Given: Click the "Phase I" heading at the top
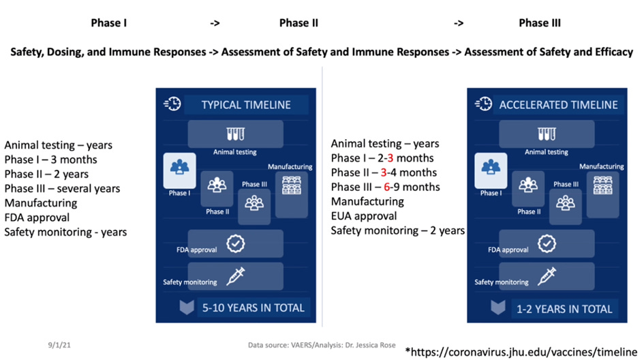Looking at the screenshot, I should [x=109, y=23].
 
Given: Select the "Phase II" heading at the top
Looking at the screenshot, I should [x=298, y=23].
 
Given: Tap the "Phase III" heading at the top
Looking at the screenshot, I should [x=539, y=23].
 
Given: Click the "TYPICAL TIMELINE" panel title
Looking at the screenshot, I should [x=245, y=105].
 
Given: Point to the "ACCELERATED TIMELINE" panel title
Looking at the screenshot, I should [x=558, y=105].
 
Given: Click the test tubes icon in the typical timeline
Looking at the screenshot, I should [x=235, y=134].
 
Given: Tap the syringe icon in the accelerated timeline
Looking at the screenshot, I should [x=547, y=275].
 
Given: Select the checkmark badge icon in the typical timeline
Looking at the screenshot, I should [x=235, y=243].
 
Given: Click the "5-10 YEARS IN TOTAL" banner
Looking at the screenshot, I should [x=253, y=308].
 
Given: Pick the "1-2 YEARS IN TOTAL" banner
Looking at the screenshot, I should [x=564, y=309].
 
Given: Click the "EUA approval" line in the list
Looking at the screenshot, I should [x=364, y=216].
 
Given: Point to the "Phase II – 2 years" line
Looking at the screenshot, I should [x=46, y=174].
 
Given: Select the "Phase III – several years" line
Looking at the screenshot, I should [x=62, y=188].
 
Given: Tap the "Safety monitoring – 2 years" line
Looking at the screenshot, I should [x=397, y=230].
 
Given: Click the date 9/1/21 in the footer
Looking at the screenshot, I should [x=59, y=346].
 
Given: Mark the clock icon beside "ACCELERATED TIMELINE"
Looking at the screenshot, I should [x=483, y=104].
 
